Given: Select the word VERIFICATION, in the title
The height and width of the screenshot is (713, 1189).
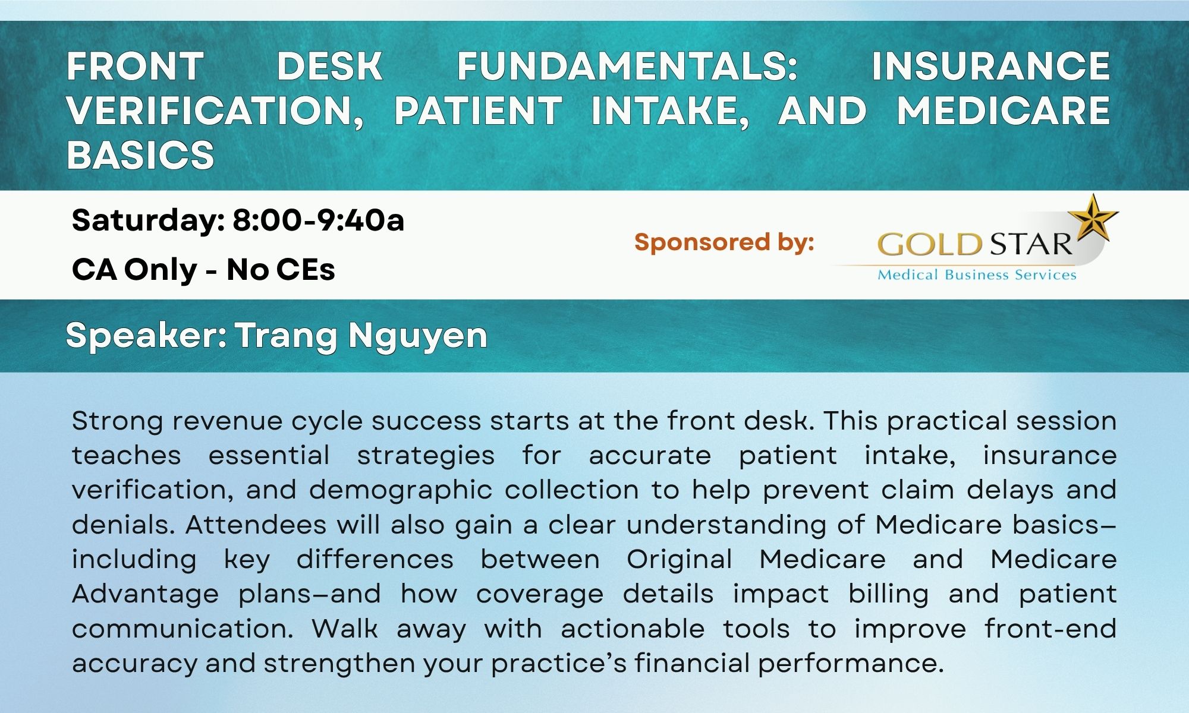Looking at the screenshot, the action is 215,111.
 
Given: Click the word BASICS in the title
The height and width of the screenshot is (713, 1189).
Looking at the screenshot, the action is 140,155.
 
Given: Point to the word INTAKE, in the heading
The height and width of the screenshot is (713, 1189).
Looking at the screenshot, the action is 670,111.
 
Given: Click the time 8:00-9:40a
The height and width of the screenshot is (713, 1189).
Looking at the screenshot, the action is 318,220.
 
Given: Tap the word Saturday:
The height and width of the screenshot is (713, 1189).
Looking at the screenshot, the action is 148,221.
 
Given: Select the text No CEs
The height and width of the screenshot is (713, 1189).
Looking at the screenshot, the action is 281,270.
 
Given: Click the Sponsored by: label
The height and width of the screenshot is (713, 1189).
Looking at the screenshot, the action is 724,242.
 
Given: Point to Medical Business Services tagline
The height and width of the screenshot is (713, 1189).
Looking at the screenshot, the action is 977,275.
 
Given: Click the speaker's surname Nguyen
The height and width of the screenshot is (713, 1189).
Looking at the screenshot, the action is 418,336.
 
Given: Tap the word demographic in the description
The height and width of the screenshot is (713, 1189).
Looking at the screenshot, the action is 400,491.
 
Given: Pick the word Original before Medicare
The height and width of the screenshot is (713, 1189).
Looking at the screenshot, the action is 679,560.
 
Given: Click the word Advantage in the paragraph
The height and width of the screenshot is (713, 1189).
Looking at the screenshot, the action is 146,594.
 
